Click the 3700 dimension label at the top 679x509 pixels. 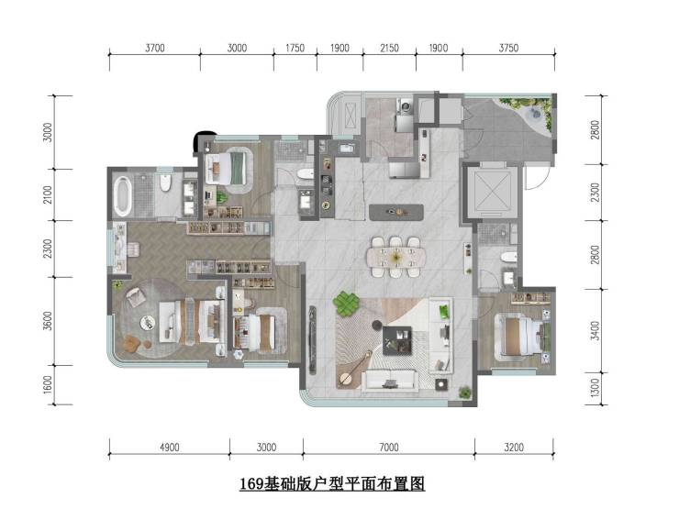pyautogui.click(x=154, y=48)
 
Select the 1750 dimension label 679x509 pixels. pyautogui.click(x=295, y=48)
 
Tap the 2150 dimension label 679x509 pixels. pyautogui.click(x=389, y=48)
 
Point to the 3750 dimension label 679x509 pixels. pyautogui.click(x=508, y=48)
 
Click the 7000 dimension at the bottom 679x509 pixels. pyautogui.click(x=388, y=448)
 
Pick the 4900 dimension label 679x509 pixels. pyautogui.click(x=170, y=448)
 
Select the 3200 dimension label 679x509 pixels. pyautogui.click(x=514, y=448)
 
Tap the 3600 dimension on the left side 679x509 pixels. pyautogui.click(x=48, y=321)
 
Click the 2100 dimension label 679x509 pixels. pyautogui.click(x=48, y=194)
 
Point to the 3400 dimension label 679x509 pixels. pyautogui.click(x=596, y=331)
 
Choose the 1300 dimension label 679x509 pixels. pyautogui.click(x=596, y=388)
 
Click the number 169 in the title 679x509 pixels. pyautogui.click(x=251, y=483)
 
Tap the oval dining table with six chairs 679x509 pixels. pyautogui.click(x=395, y=257)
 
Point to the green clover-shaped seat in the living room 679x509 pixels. pyautogui.click(x=347, y=304)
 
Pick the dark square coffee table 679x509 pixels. pyautogui.click(x=397, y=340)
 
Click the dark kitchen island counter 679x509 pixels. pyautogui.click(x=396, y=212)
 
